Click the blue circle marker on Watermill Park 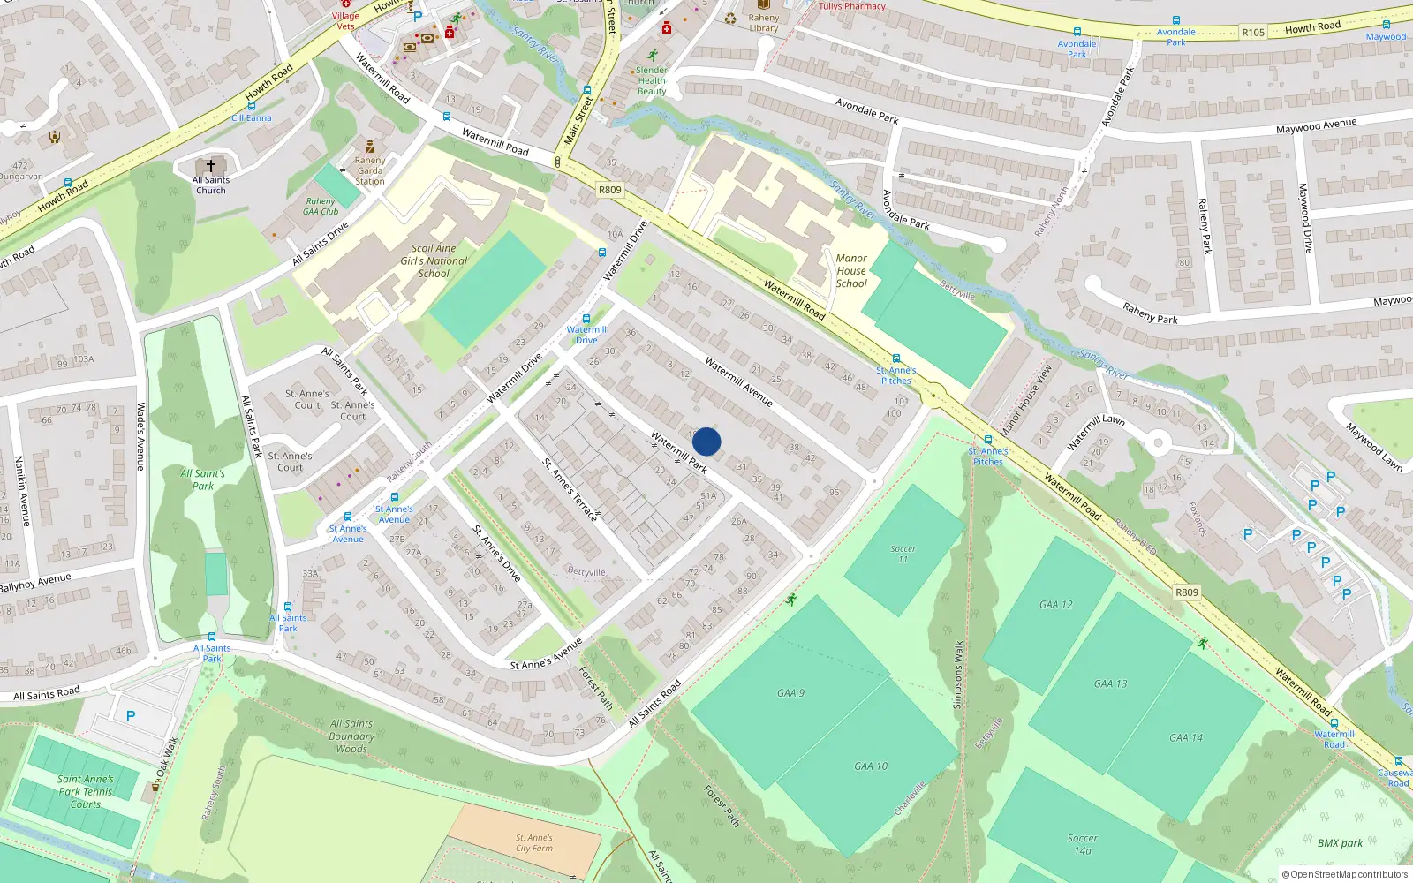706,441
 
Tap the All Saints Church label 211,185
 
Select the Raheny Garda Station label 370,170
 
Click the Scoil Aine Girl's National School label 434,261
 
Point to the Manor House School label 851,271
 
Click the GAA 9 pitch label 790,693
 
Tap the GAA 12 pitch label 1055,605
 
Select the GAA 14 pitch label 1185,737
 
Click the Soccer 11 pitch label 903,554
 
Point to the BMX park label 1340,843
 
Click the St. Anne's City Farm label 534,843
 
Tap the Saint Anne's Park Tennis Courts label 86,792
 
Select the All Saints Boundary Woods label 351,736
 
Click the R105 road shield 1252,33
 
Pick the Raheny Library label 764,23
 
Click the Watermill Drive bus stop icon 586,320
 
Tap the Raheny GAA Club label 321,207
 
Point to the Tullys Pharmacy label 851,6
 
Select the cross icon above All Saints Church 211,165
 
